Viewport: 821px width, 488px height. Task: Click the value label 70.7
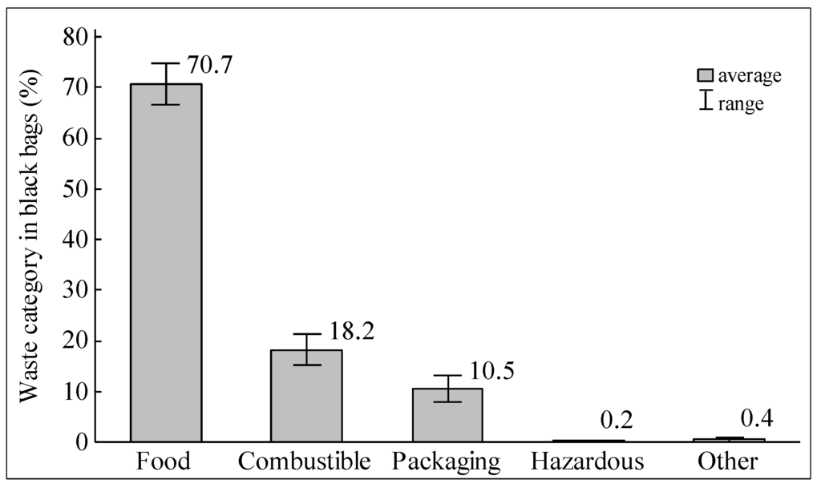209,65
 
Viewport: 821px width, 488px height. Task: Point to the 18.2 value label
350,331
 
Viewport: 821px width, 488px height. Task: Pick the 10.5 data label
491,371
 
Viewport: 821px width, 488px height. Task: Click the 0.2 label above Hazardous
618,421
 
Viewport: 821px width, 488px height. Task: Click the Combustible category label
305,462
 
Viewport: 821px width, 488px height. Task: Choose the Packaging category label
447,462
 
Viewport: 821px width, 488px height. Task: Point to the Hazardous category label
588,462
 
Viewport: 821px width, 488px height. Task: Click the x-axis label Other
728,462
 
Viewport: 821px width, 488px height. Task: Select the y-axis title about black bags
30,240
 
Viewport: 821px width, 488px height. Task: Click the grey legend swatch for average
705,76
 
